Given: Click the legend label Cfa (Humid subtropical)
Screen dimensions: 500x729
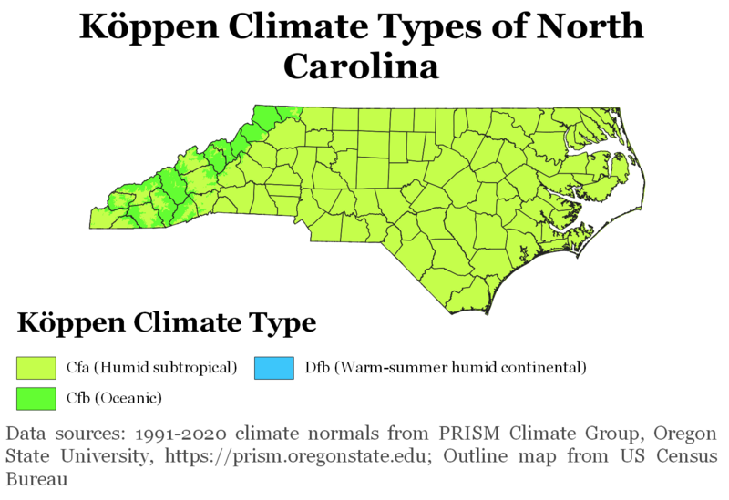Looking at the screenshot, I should pos(151,368).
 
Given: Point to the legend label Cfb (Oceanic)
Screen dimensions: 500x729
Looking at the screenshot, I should pos(113,398).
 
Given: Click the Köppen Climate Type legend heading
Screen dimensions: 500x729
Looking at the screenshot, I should pos(167,323).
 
